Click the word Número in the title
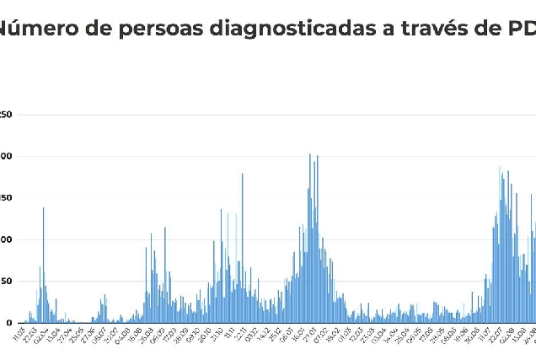click(x=34, y=28)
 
